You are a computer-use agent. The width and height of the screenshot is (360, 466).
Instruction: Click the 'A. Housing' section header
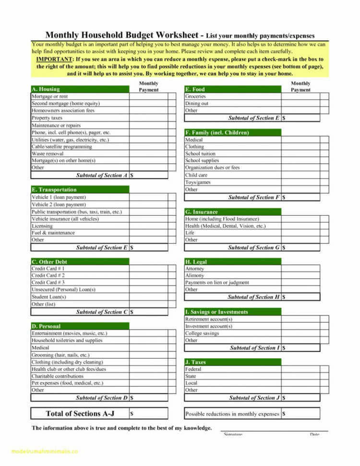46,89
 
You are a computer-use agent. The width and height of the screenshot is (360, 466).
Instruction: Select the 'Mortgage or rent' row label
49,97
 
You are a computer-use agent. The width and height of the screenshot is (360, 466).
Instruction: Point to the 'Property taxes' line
47,118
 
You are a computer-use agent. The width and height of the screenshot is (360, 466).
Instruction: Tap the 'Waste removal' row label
48,154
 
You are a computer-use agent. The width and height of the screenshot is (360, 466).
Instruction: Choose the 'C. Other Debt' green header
49,262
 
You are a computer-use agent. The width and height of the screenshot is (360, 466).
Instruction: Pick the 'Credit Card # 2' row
48,276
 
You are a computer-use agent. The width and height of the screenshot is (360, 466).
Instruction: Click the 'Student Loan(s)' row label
48,297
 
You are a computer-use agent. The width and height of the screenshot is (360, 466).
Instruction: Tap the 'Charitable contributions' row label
57,376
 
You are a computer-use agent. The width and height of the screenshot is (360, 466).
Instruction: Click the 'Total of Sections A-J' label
80,413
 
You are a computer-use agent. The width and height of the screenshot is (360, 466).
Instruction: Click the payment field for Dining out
300,103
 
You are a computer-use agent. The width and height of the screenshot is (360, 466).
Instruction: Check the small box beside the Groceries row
324,97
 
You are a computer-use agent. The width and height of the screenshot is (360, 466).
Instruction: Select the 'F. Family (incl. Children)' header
217,133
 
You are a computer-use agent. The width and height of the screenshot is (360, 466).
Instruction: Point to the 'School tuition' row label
201,154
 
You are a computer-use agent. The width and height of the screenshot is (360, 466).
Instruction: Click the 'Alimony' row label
195,276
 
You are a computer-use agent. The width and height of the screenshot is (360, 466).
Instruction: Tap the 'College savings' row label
202,333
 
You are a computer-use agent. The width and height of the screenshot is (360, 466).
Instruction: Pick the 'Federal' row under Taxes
193,369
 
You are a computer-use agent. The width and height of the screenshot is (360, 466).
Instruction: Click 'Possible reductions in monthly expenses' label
232,414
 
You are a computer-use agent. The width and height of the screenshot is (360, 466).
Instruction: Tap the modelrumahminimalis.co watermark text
39,452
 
